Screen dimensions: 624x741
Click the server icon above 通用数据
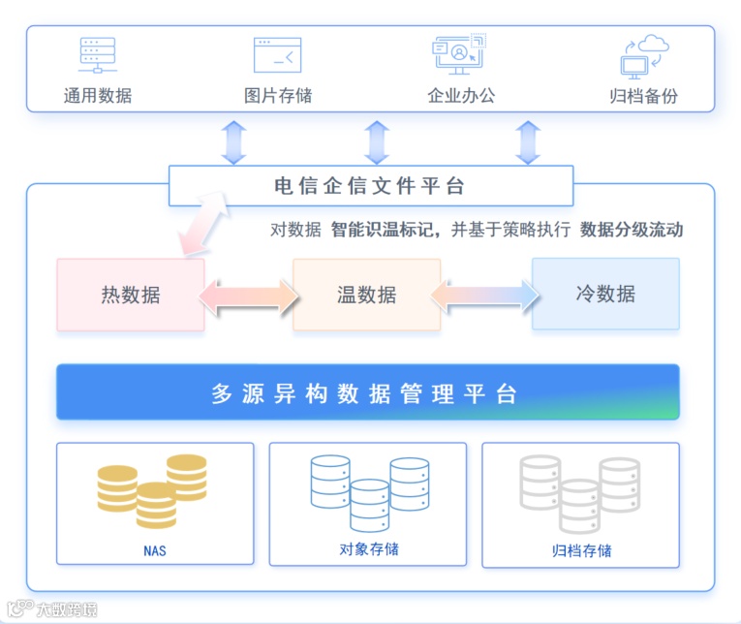click(x=97, y=55)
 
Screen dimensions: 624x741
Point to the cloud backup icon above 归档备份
click(x=644, y=56)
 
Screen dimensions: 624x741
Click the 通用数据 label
click(x=97, y=96)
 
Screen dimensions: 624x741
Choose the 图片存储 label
click(x=278, y=96)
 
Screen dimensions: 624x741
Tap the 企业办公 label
click(x=461, y=96)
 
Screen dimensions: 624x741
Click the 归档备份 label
click(x=643, y=96)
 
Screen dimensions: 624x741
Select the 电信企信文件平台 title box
click(x=370, y=186)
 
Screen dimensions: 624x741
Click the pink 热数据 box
click(x=130, y=295)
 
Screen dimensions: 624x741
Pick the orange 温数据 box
click(x=366, y=295)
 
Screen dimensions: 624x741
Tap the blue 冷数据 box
click(x=605, y=294)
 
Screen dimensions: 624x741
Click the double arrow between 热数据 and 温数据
click(x=249, y=295)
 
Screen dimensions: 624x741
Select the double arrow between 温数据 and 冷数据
click(x=485, y=294)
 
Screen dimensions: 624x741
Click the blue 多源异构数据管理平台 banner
click(x=367, y=393)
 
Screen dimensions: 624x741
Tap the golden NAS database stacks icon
click(x=152, y=489)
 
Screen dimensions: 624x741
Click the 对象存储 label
click(x=368, y=549)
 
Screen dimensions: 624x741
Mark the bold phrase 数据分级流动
click(x=632, y=230)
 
